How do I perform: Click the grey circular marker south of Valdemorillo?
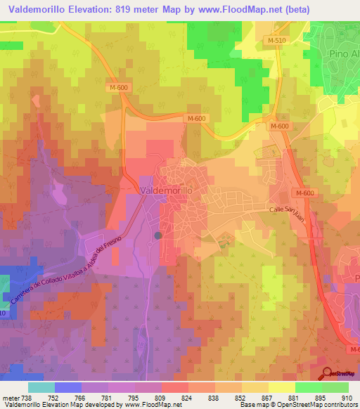158,235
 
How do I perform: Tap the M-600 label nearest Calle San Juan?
304,193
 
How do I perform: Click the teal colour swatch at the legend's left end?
41,387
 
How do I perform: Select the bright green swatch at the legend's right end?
335,387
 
